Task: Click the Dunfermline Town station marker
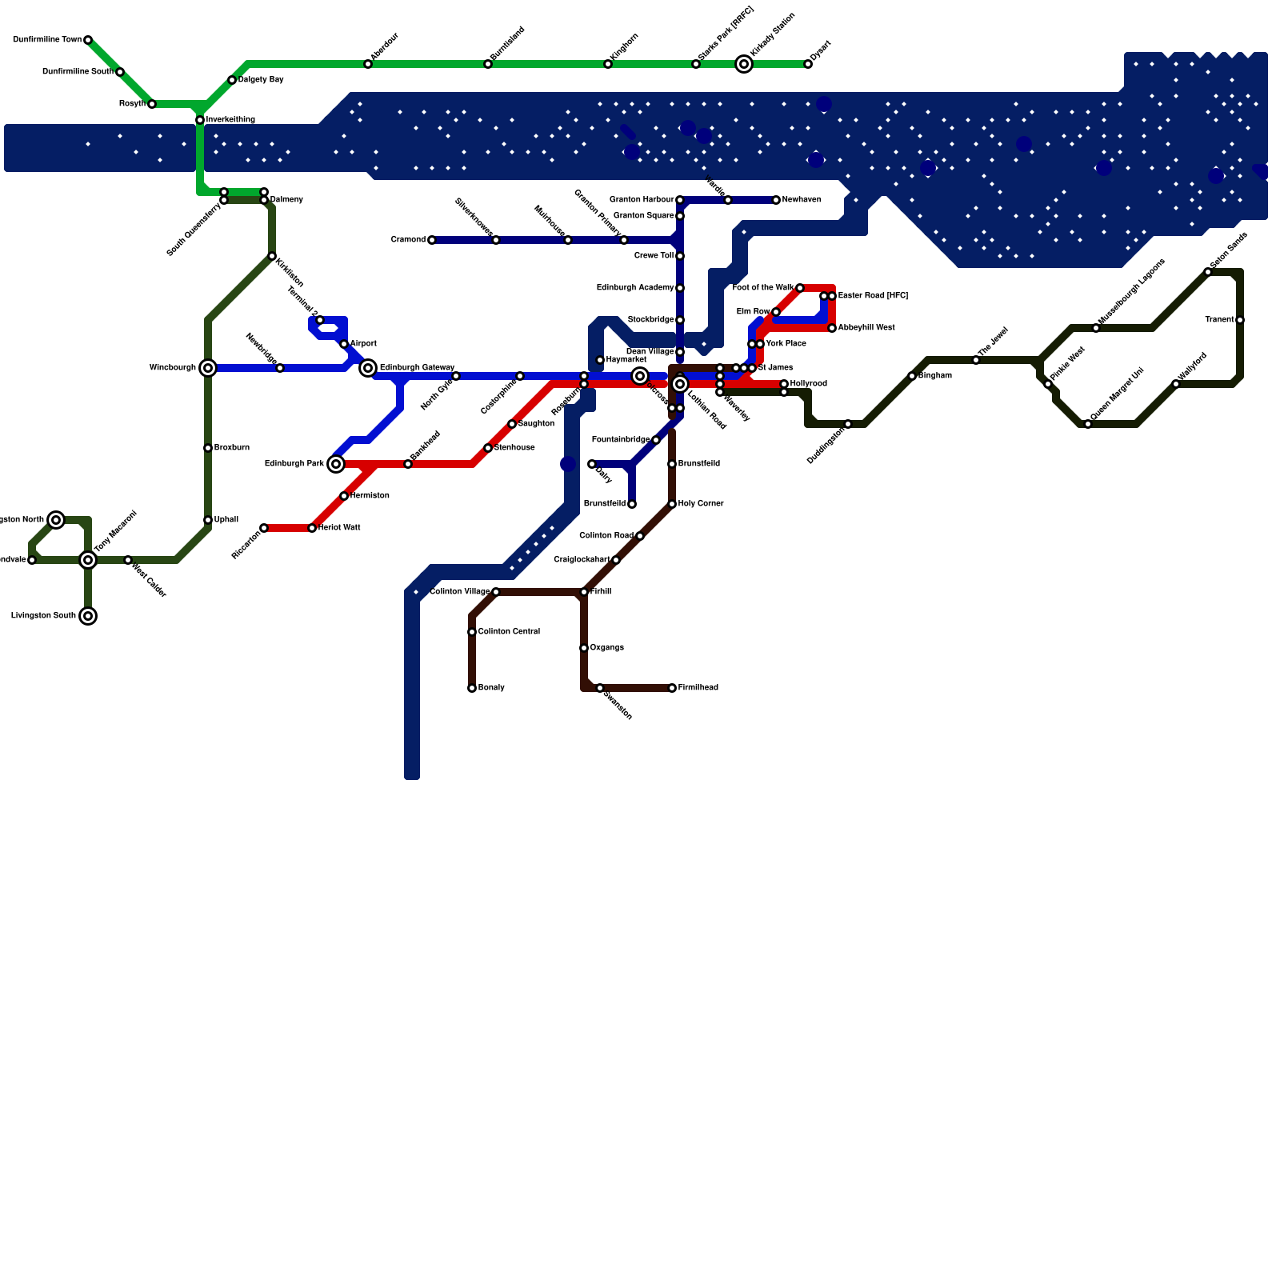tap(88, 40)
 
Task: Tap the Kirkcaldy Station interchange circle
tap(744, 64)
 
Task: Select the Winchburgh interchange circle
tap(208, 368)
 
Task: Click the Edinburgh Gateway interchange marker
tap(368, 368)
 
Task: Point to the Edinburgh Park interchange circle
tap(336, 464)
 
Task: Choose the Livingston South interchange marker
tap(88, 616)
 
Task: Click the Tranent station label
tap(1219, 320)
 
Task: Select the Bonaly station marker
tap(472, 688)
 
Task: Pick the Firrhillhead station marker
tap(672, 688)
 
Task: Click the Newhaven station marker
tap(776, 200)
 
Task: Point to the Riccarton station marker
tap(264, 528)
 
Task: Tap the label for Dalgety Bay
tap(261, 80)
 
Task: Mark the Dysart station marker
tap(808, 64)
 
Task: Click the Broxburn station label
tap(232, 448)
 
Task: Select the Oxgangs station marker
tap(584, 648)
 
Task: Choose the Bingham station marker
tap(912, 376)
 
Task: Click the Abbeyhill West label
tap(866, 328)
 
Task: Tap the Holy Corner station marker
tap(672, 504)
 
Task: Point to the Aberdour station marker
tap(368, 64)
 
